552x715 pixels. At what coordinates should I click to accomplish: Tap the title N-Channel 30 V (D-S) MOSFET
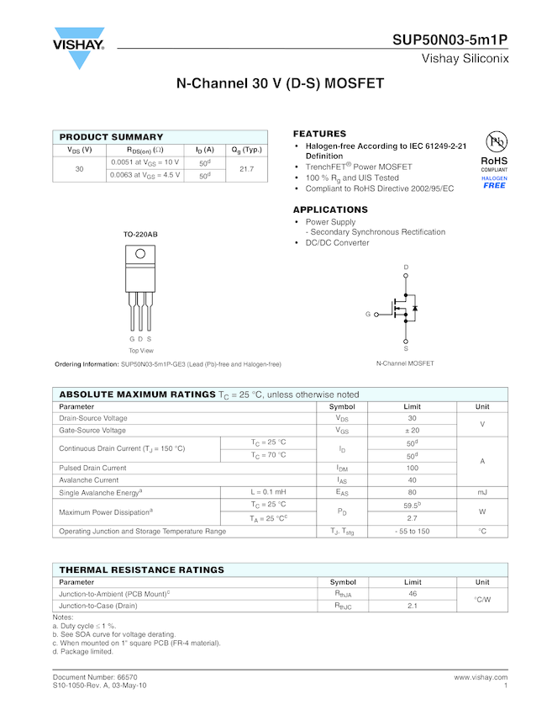pyautogui.click(x=280, y=84)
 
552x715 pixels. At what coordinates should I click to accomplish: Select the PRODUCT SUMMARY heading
pyautogui.click(x=111, y=137)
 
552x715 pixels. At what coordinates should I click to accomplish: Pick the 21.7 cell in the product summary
pyautogui.click(x=247, y=169)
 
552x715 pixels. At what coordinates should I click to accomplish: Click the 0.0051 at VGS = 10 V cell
pyautogui.click(x=145, y=162)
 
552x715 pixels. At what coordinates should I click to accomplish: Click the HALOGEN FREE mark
pyautogui.click(x=494, y=183)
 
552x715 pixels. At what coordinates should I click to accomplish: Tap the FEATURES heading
pyautogui.click(x=319, y=134)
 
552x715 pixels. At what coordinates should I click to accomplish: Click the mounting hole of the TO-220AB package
pyautogui.click(x=140, y=253)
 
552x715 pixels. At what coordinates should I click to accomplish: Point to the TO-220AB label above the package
pyautogui.click(x=140, y=233)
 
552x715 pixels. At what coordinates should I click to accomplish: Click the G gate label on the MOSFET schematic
pyautogui.click(x=368, y=314)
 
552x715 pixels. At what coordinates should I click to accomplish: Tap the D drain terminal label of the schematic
pyautogui.click(x=406, y=267)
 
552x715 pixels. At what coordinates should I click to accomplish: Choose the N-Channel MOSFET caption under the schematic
pyautogui.click(x=406, y=363)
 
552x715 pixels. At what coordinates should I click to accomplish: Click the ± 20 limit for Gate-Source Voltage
pyautogui.click(x=413, y=430)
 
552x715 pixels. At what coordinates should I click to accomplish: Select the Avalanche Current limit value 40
pyautogui.click(x=413, y=479)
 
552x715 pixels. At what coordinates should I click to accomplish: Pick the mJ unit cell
pyautogui.click(x=482, y=492)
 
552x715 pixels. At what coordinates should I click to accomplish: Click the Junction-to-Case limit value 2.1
pyautogui.click(x=413, y=606)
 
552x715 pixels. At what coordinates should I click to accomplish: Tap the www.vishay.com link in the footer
pyautogui.click(x=481, y=676)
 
